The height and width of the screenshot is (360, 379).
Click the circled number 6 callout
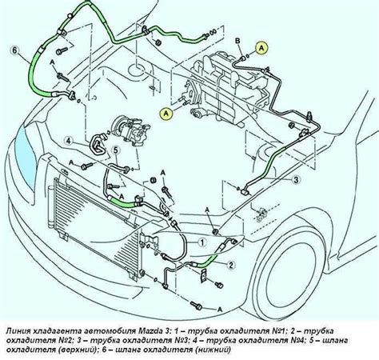click(x=14, y=50)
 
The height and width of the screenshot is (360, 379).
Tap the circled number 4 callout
click(x=69, y=141)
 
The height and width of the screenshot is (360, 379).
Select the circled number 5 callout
click(x=115, y=150)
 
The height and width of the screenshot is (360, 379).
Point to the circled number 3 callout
click(x=296, y=180)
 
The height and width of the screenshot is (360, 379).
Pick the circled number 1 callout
click(x=202, y=242)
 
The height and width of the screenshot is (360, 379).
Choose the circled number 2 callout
click(x=231, y=265)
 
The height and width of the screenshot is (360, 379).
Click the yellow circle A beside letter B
click(x=261, y=48)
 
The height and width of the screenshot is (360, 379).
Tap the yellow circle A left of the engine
click(x=166, y=114)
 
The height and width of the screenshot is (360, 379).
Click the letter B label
click(x=238, y=41)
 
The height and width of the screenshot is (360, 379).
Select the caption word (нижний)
click(x=212, y=350)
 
